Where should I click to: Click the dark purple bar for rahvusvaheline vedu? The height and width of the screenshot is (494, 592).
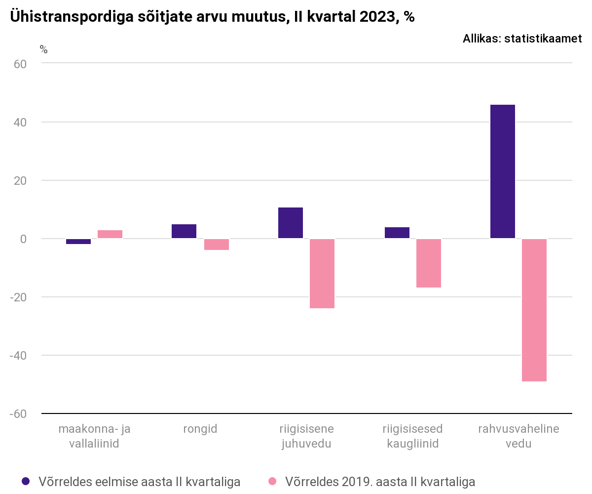coord(502,171)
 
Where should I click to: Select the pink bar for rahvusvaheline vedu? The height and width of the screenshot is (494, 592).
coord(534,310)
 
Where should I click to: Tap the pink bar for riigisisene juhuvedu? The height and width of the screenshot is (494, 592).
coord(322,273)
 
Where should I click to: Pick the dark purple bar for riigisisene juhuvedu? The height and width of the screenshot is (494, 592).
coord(291,223)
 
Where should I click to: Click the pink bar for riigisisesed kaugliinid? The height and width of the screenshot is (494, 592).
coord(429,263)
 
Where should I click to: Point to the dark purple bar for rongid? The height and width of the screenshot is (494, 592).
coord(184,231)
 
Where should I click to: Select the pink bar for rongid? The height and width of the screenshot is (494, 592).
coord(217,245)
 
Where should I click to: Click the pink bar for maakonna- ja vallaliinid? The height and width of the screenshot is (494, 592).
coord(110,234)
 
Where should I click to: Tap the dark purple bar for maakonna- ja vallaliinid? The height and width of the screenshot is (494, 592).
coord(78,242)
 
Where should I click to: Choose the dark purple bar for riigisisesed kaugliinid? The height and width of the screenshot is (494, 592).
coord(397,233)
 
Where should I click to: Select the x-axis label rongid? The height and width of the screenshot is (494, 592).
coord(200,429)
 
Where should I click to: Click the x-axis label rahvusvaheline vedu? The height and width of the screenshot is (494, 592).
coord(518,436)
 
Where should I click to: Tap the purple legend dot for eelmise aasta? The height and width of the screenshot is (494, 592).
coord(26,481)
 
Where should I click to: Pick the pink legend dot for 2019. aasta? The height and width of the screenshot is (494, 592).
coord(272,481)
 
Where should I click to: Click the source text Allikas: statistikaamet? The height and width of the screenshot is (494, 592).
coord(522,39)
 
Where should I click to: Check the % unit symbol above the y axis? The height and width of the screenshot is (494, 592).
coord(43,49)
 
